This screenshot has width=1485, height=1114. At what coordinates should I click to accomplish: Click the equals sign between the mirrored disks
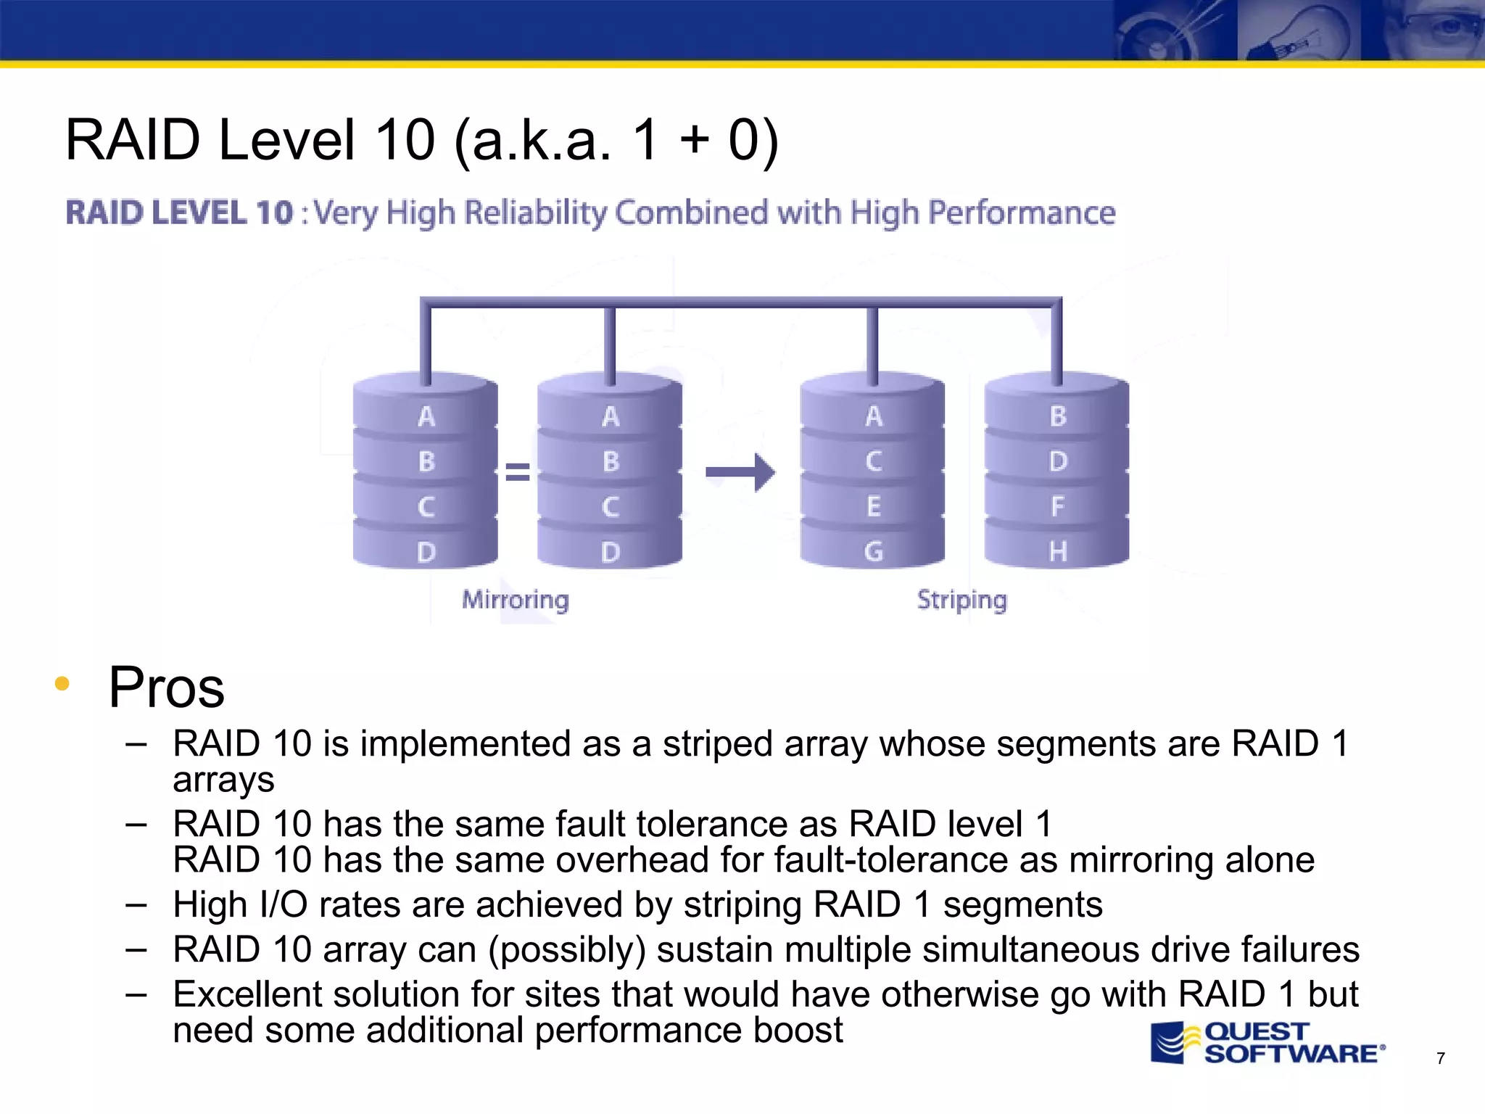[517, 472]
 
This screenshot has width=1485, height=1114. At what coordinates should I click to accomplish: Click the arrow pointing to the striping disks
[740, 472]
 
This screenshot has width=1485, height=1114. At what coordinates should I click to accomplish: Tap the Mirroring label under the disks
[516, 600]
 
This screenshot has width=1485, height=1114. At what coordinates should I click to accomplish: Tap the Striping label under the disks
[961, 600]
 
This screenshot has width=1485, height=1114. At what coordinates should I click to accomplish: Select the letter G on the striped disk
[874, 551]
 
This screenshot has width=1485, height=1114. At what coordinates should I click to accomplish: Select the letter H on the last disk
[1058, 551]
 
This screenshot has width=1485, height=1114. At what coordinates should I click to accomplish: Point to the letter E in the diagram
[874, 506]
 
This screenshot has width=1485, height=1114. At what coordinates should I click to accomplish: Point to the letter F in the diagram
[1058, 506]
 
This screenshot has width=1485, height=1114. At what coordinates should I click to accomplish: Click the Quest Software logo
[1267, 1043]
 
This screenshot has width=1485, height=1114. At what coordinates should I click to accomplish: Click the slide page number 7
[1440, 1059]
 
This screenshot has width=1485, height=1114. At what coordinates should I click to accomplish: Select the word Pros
[166, 688]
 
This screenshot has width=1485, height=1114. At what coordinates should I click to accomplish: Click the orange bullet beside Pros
[62, 683]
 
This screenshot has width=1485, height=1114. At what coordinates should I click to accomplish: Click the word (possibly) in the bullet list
[566, 949]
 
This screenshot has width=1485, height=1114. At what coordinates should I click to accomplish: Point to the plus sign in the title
[694, 139]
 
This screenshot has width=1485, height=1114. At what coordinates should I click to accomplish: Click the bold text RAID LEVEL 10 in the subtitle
[179, 213]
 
